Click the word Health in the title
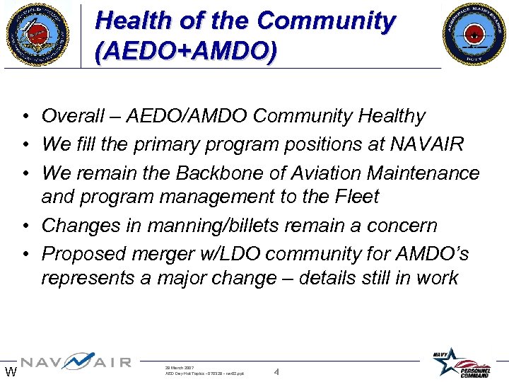tap(134, 21)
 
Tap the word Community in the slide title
tap(325, 21)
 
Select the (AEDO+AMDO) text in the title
tap(186, 52)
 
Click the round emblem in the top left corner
tap(36, 34)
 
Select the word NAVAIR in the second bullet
tap(426, 144)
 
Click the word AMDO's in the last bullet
tap(428, 254)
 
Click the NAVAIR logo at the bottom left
tap(75, 362)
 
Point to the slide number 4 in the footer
tap(276, 371)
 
